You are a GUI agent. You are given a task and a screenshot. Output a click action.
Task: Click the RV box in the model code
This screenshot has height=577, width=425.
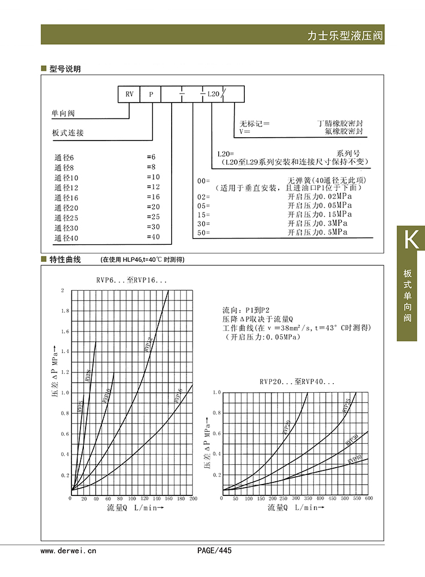click(x=129, y=94)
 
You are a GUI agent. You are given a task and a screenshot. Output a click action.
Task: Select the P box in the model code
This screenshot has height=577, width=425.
click(x=151, y=94)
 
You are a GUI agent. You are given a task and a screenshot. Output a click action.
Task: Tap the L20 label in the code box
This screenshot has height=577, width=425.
click(x=213, y=94)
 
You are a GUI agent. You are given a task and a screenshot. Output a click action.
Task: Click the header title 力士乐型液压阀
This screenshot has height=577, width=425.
click(x=345, y=35)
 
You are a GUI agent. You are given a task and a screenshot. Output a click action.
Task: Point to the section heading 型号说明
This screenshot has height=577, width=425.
click(x=65, y=69)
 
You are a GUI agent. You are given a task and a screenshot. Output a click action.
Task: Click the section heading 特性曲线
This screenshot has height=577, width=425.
click(x=65, y=260)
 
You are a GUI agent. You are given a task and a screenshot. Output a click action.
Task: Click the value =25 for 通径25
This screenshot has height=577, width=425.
click(x=154, y=217)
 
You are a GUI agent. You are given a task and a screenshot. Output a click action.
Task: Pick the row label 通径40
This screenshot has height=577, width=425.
click(x=66, y=237)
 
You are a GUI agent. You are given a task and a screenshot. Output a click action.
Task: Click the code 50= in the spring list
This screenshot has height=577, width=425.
click(x=203, y=233)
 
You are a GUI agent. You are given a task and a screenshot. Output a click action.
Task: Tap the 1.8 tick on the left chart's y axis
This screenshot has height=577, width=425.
click(x=64, y=311)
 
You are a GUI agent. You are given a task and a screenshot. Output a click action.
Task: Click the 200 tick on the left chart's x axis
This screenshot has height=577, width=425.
click(x=193, y=499)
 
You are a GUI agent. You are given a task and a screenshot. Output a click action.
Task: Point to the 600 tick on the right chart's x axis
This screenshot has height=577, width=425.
click(x=368, y=499)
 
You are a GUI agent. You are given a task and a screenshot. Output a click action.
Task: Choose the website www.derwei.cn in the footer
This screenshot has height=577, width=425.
click(x=69, y=550)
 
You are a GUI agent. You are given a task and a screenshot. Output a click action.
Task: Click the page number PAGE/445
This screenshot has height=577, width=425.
click(x=214, y=550)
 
